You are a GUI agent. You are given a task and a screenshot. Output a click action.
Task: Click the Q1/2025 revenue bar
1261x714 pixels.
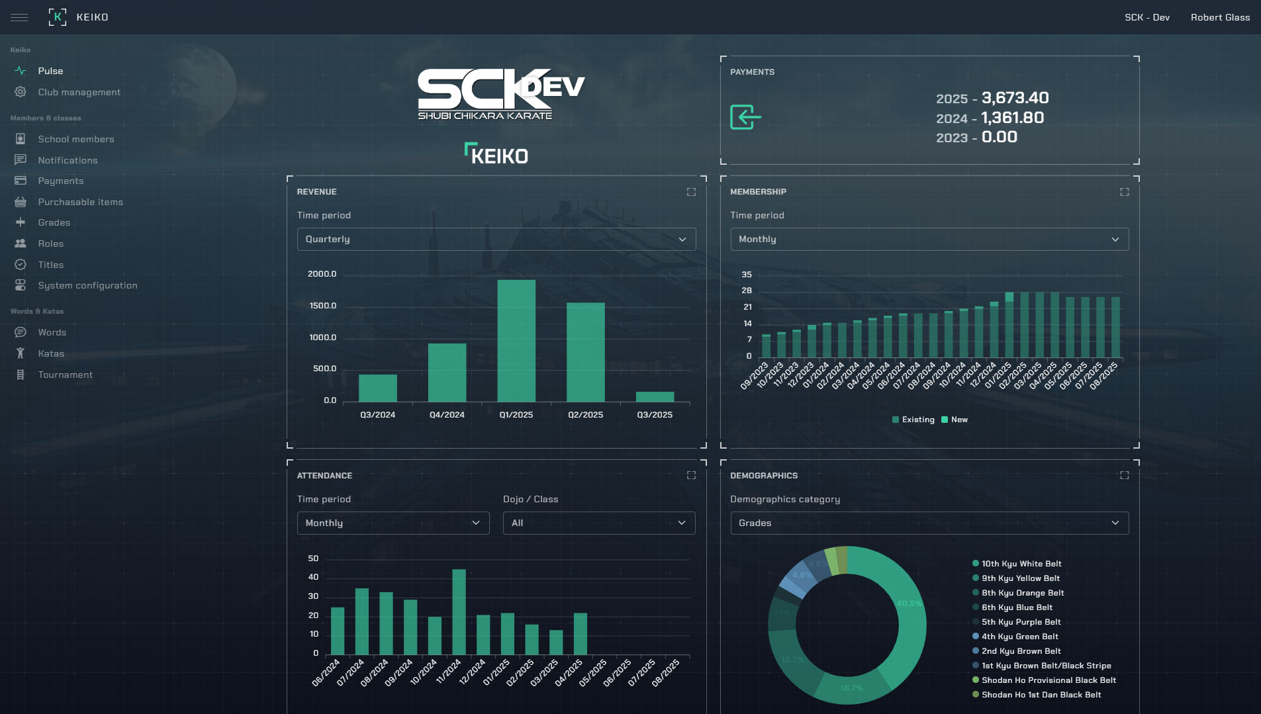[x=516, y=340]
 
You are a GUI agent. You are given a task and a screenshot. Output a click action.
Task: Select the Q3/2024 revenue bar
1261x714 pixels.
[x=378, y=388]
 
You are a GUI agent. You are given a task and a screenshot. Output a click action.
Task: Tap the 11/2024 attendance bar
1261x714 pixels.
[x=459, y=611]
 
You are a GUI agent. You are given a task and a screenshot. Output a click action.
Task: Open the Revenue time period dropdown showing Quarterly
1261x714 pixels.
[x=496, y=240]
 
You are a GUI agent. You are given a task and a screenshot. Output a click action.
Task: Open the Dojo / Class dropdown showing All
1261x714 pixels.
[x=598, y=523]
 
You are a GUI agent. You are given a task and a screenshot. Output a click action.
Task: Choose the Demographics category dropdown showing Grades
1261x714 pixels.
[x=929, y=523]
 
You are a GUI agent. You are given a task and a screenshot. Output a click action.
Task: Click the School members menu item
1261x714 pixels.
[x=75, y=139]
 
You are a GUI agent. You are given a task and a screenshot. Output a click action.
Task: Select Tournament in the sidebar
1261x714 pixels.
[x=65, y=375]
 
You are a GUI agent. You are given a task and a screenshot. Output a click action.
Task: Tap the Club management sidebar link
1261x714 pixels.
[x=79, y=92]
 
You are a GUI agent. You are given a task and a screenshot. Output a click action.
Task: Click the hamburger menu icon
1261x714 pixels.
[x=19, y=17]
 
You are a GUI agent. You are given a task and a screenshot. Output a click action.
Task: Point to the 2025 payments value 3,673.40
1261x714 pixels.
[x=1015, y=98]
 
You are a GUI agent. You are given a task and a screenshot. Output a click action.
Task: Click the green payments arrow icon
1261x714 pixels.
[x=745, y=117]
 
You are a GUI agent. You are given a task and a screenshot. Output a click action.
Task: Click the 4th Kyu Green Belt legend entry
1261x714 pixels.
[x=1019, y=637]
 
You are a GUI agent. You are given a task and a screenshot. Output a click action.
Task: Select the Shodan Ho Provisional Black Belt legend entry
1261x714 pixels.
[x=1049, y=680]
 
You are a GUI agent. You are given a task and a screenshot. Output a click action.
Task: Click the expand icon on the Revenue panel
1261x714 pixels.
[x=691, y=192]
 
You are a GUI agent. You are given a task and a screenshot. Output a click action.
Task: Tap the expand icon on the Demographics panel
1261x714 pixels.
[x=1124, y=476]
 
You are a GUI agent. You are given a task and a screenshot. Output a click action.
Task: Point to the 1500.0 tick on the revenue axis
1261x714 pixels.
[x=322, y=306]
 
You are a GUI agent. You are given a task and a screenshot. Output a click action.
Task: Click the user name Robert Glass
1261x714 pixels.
[x=1220, y=17]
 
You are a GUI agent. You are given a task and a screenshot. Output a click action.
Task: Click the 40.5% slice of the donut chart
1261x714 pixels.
[x=910, y=603]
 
